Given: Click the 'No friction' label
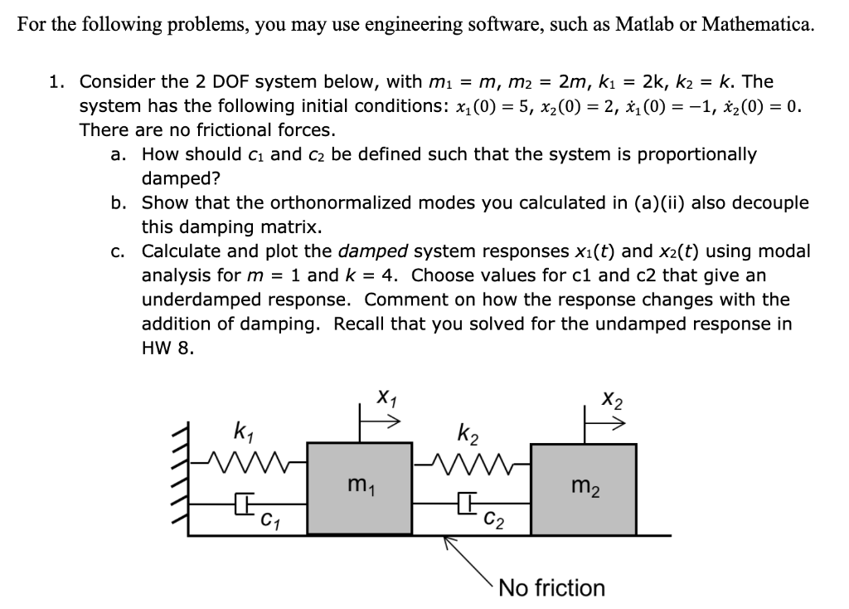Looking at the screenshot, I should [x=552, y=588].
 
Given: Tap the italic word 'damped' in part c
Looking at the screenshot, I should [x=372, y=251].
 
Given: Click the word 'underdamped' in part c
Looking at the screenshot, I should [x=196, y=299].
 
